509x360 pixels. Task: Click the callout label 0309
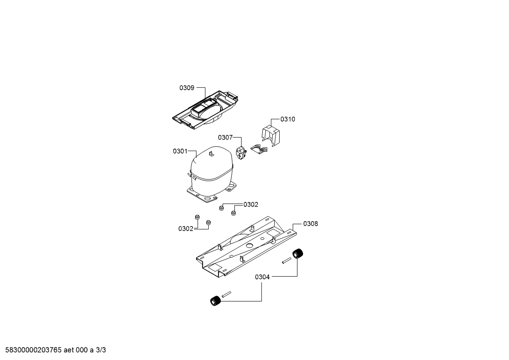[187, 88]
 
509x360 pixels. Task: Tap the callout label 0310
[288, 119]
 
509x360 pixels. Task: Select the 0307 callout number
[226, 137]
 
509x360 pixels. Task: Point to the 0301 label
[180, 151]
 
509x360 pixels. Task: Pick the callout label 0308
[311, 224]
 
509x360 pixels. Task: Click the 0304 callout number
[262, 277]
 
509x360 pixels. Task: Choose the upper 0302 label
[251, 205]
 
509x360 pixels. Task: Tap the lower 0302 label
[186, 229]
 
